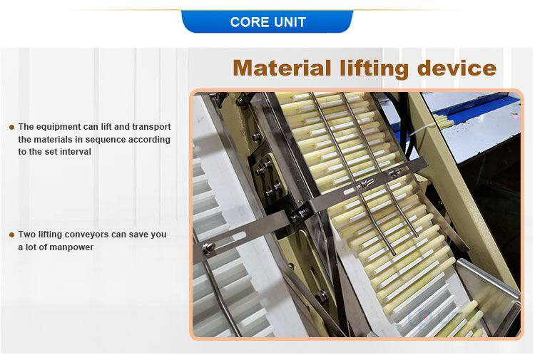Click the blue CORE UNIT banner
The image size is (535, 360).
click(x=267, y=22)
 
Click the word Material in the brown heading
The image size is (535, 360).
click(x=282, y=68)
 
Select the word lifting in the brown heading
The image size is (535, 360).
click(x=374, y=69)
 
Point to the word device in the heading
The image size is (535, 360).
click(x=457, y=68)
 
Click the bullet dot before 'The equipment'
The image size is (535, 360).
click(x=12, y=128)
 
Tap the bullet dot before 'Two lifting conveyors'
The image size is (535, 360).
click(x=12, y=235)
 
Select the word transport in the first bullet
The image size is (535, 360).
click(x=151, y=127)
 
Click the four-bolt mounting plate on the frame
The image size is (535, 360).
click(x=267, y=180)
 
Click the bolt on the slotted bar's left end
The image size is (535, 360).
click(x=208, y=248)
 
